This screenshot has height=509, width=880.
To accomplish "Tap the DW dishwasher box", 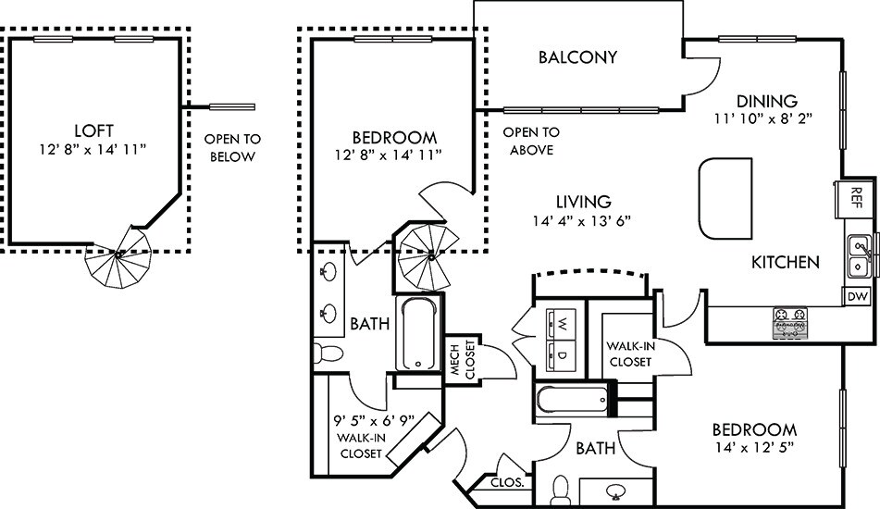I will (x=857, y=297).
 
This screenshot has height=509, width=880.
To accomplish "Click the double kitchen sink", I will (x=860, y=256).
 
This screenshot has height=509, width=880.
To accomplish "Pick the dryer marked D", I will (x=561, y=353).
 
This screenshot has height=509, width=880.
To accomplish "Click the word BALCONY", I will (x=577, y=57).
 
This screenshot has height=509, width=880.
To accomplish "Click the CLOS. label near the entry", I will (x=508, y=482).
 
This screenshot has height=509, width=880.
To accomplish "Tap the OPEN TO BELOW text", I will (x=232, y=148).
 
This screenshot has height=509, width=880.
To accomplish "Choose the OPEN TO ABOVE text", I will (x=532, y=141).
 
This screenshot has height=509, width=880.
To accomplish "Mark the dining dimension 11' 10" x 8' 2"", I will (x=767, y=119).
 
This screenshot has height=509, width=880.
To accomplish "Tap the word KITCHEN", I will (x=785, y=262).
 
